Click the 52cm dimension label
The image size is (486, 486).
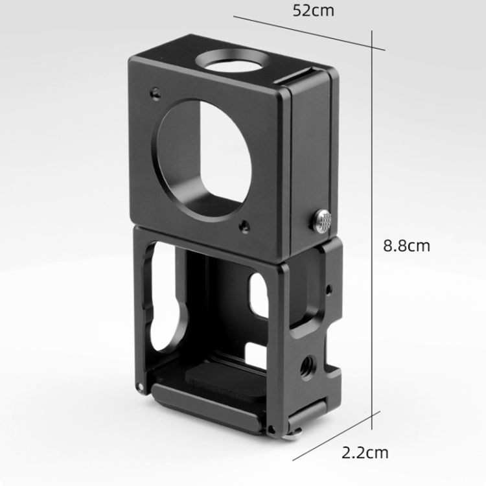[x=314, y=10]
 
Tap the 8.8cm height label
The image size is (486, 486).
[x=407, y=246]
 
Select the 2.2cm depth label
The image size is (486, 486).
[x=365, y=453]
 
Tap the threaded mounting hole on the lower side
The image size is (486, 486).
[x=308, y=364]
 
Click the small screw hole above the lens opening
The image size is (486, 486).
[x=156, y=93]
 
